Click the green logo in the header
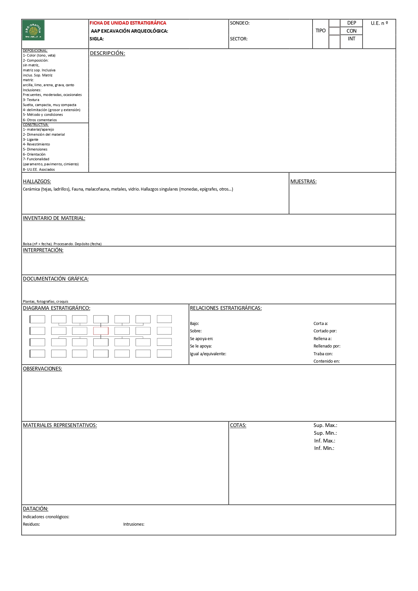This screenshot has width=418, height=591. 33,30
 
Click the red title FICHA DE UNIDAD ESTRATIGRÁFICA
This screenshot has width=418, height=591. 128,23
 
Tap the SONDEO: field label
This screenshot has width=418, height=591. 239,23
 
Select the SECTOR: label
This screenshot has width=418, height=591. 238,39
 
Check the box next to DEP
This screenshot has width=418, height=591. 334,23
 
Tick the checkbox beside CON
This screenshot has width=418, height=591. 334,31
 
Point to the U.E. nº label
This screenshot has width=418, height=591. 379,23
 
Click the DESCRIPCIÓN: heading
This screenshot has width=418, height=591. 107,53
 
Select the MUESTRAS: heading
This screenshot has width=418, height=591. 303,182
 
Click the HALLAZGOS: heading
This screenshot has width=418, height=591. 37,182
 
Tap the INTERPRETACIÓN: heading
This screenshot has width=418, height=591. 43,250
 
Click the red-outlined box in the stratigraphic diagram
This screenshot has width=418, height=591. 101,331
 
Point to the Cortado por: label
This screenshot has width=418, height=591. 325,331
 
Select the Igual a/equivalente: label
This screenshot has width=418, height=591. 208,354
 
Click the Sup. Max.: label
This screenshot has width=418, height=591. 325,425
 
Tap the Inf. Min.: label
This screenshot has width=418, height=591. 324,448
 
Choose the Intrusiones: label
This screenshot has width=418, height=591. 134,524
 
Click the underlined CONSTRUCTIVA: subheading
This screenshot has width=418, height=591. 36,125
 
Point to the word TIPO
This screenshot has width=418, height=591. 320,31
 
